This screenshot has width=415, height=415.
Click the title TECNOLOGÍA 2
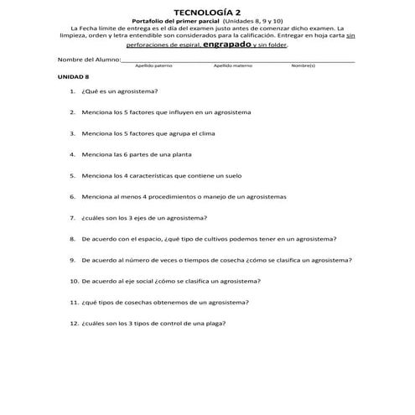(x=206, y=12)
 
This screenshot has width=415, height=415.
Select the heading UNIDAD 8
(x=73, y=76)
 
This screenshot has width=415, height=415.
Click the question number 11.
(x=74, y=302)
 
